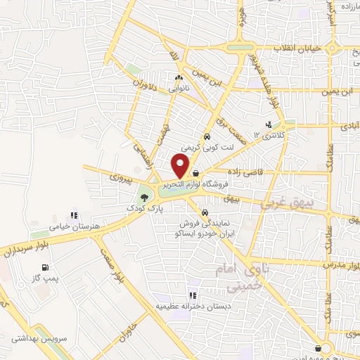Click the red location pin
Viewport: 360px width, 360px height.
[181, 166]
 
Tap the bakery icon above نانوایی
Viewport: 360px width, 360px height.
[179, 79]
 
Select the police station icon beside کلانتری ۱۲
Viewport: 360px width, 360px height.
[268, 126]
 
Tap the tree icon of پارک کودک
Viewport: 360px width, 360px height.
[145, 198]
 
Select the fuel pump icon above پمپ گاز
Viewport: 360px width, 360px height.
[46, 267]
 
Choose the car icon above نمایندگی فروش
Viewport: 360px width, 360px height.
[204, 212]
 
